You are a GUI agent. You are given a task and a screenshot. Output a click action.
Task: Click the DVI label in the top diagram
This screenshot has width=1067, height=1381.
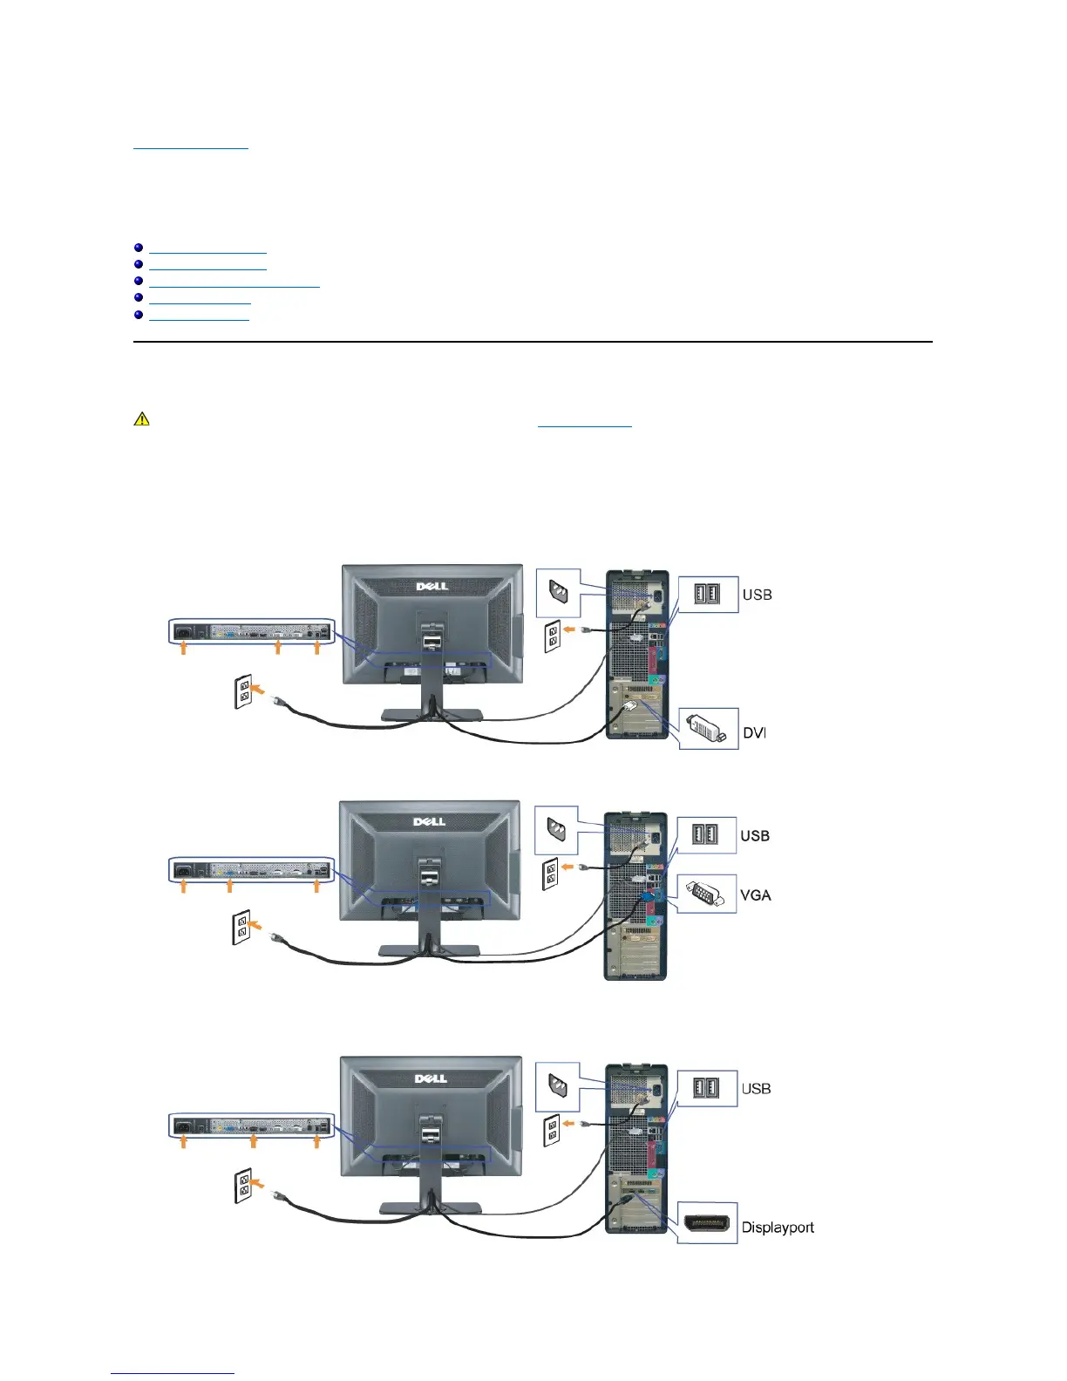click(x=754, y=733)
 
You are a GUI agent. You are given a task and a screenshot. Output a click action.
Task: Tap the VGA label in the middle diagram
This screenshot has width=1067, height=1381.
click(x=756, y=895)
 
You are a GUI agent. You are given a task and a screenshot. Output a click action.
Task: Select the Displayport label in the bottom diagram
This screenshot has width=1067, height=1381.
click(x=778, y=1228)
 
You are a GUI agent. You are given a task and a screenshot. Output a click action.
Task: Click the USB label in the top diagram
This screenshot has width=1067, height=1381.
click(x=757, y=595)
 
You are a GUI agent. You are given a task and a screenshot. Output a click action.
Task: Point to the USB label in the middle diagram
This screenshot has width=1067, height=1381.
click(x=755, y=836)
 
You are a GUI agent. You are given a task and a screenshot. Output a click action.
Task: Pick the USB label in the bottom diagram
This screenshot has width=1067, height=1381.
click(x=756, y=1089)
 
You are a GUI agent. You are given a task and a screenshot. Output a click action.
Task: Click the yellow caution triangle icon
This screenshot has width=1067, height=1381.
click(x=141, y=419)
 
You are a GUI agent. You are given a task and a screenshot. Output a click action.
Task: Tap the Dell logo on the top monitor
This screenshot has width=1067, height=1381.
click(x=432, y=586)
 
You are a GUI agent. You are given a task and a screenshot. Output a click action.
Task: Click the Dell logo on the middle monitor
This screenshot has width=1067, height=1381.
click(x=430, y=821)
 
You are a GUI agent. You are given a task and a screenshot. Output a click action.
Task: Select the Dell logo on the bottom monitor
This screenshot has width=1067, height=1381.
click(x=431, y=1078)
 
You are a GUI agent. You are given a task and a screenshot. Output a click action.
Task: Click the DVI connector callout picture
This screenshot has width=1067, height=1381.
click(x=708, y=729)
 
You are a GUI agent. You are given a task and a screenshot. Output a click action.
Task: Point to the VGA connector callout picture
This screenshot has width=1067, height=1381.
click(x=707, y=894)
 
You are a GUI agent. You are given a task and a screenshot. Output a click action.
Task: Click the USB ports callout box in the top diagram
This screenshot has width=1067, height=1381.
click(x=707, y=595)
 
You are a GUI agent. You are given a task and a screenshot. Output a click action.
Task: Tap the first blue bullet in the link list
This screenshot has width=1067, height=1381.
click(x=139, y=248)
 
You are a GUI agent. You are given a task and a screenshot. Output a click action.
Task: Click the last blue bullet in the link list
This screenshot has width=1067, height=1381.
click(x=139, y=314)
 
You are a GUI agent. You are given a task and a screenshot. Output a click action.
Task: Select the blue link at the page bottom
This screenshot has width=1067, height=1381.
click(x=173, y=1373)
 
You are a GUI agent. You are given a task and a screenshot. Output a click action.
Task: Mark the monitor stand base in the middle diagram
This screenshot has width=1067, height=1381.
click(x=429, y=949)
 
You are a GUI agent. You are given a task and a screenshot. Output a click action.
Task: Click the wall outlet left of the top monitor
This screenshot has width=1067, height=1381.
click(x=244, y=691)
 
